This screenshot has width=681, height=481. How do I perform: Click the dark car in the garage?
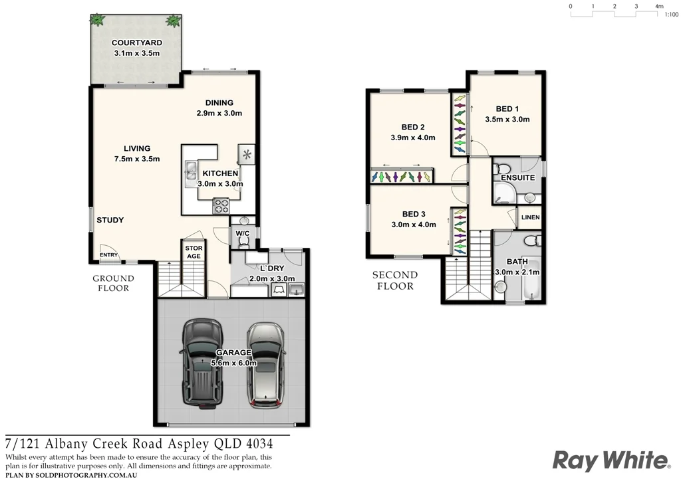[x=202, y=364]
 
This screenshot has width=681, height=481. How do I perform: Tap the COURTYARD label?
[x=136, y=43]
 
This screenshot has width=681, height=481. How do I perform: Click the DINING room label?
[x=219, y=103]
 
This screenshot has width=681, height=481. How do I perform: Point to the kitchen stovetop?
[x=221, y=205]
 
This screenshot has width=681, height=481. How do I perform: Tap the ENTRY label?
[x=108, y=255]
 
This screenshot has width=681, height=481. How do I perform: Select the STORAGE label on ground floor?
[x=193, y=252]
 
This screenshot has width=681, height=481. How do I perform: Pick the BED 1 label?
[x=507, y=109]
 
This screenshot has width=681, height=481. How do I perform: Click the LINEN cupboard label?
[x=530, y=217]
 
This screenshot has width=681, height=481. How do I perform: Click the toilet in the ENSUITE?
[x=503, y=169]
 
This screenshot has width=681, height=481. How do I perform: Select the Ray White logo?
[x=611, y=460]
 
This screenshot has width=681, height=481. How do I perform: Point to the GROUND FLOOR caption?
[x=113, y=283]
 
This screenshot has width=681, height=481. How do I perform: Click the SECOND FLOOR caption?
[x=395, y=280]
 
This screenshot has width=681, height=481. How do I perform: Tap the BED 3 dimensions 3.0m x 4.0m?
[x=413, y=225]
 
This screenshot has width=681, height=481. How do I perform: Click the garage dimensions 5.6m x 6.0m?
[x=232, y=363]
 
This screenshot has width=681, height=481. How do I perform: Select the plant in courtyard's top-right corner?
[x=174, y=21]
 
